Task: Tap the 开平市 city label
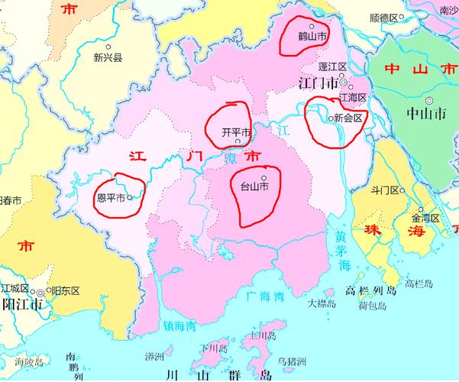[x=235, y=131]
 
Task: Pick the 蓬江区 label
[x=333, y=67]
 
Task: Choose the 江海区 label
[x=353, y=97]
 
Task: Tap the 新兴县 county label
[x=108, y=57]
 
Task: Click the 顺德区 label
[x=384, y=17]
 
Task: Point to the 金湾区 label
[x=425, y=218]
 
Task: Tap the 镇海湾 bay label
[x=180, y=325]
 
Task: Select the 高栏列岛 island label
[x=372, y=290]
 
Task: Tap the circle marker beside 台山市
[x=264, y=178]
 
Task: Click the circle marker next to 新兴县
[x=107, y=45]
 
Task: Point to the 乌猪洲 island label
[x=292, y=361]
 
